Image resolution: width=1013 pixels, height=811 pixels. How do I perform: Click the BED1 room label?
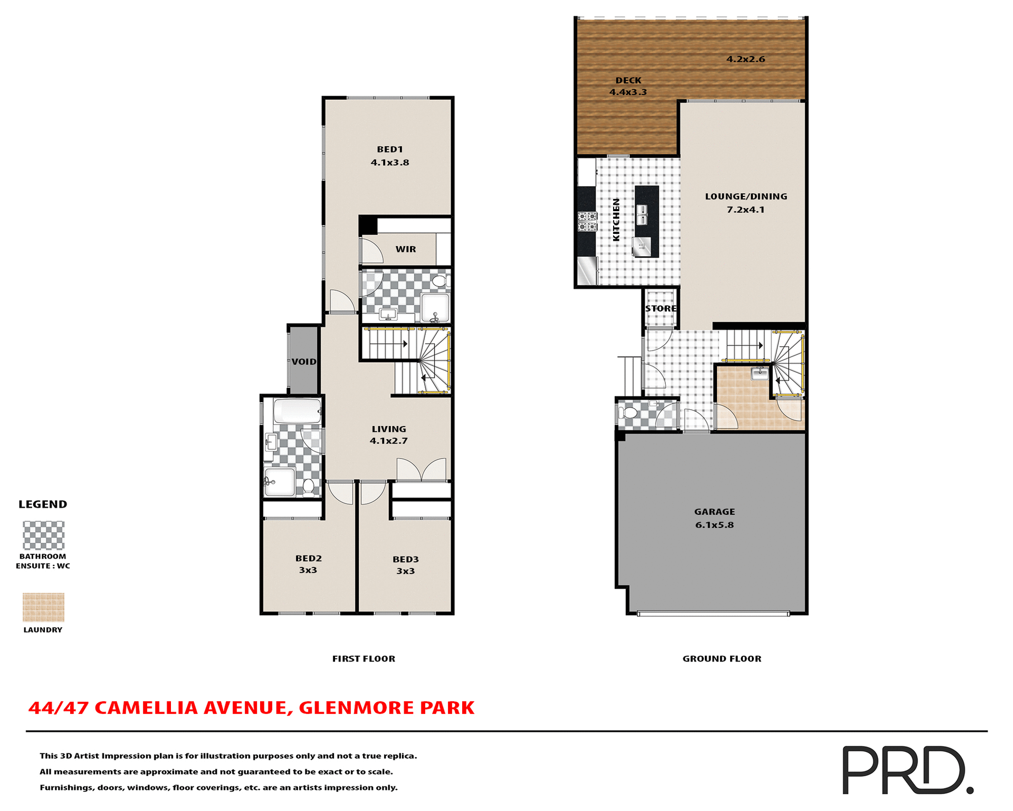tap(389, 149)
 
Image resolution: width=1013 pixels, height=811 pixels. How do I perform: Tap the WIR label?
tap(405, 249)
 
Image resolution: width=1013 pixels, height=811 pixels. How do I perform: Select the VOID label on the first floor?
tap(304, 362)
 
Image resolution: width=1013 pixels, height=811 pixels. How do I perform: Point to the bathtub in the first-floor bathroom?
tap(297, 411)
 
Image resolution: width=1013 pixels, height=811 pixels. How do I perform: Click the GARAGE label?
tap(714, 512)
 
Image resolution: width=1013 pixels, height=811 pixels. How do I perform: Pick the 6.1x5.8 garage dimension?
tap(714, 525)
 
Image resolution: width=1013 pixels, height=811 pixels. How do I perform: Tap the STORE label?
tap(661, 308)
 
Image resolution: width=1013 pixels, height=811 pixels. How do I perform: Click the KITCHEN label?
tap(616, 220)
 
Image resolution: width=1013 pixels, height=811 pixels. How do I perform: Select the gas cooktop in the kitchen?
tap(587, 221)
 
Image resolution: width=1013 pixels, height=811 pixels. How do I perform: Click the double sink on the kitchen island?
tap(642, 214)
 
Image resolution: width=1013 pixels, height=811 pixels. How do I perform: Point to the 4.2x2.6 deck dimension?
tap(746, 59)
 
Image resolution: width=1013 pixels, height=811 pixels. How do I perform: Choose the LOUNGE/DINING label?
tap(746, 196)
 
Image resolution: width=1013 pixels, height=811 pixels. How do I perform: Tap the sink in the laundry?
tap(759, 373)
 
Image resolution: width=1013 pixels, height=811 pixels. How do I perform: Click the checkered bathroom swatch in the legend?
tap(43, 535)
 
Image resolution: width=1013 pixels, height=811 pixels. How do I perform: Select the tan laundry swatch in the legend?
tap(43, 607)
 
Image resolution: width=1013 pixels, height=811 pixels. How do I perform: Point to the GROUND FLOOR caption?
tap(722, 658)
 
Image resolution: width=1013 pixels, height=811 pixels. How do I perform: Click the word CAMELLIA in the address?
tap(146, 708)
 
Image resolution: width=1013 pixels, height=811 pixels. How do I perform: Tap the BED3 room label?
tap(405, 559)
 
